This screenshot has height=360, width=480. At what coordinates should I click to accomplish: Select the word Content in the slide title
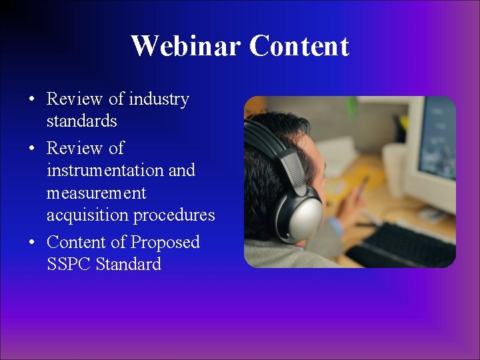[299, 46]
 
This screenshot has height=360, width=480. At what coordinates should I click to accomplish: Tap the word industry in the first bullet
[159, 99]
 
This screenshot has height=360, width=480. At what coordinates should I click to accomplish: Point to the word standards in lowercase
[81, 121]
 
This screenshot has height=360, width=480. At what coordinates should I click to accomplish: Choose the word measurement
[97, 193]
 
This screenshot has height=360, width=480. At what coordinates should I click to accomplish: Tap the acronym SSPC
[69, 264]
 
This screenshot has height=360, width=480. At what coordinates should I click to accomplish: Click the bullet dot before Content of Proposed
[32, 243]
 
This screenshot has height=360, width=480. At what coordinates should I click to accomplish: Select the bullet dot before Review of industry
[32, 100]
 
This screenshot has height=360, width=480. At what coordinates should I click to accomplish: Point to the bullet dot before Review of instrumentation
[32, 149]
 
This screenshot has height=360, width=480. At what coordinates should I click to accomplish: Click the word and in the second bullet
[181, 171]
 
